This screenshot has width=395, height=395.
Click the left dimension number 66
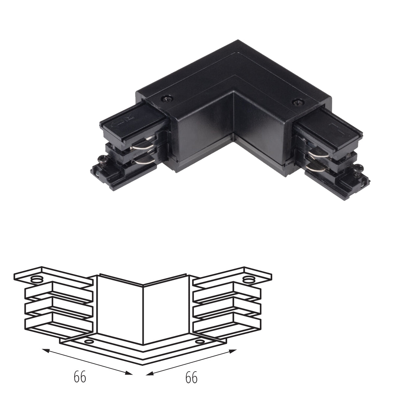pyautogui.click(x=80, y=377)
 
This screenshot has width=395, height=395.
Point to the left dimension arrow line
pyautogui.click(x=87, y=361)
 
